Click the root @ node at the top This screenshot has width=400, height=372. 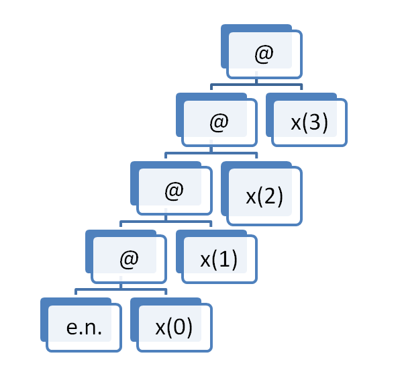click(262, 52)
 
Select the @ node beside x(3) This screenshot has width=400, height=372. click(217, 120)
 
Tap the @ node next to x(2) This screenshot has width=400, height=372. click(171, 188)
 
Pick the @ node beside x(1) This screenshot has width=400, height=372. click(126, 257)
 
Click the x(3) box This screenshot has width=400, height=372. click(307, 120)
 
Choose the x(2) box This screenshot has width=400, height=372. click(262, 193)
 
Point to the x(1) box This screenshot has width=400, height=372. click(217, 257)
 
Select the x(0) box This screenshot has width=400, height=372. click(171, 325)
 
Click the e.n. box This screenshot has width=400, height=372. click(81, 325)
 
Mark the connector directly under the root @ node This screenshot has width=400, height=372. click(256, 84)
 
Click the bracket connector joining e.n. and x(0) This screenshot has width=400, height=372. click(121, 289)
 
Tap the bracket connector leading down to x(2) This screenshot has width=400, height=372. click(211, 152)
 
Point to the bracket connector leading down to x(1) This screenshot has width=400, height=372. click(166, 221)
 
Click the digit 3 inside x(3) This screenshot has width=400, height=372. click(315, 122)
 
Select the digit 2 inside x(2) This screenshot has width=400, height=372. click(270, 196)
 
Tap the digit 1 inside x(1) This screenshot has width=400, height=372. click(224, 259)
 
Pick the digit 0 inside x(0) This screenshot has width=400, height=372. click(179, 327)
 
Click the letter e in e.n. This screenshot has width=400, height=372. click(72, 328)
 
